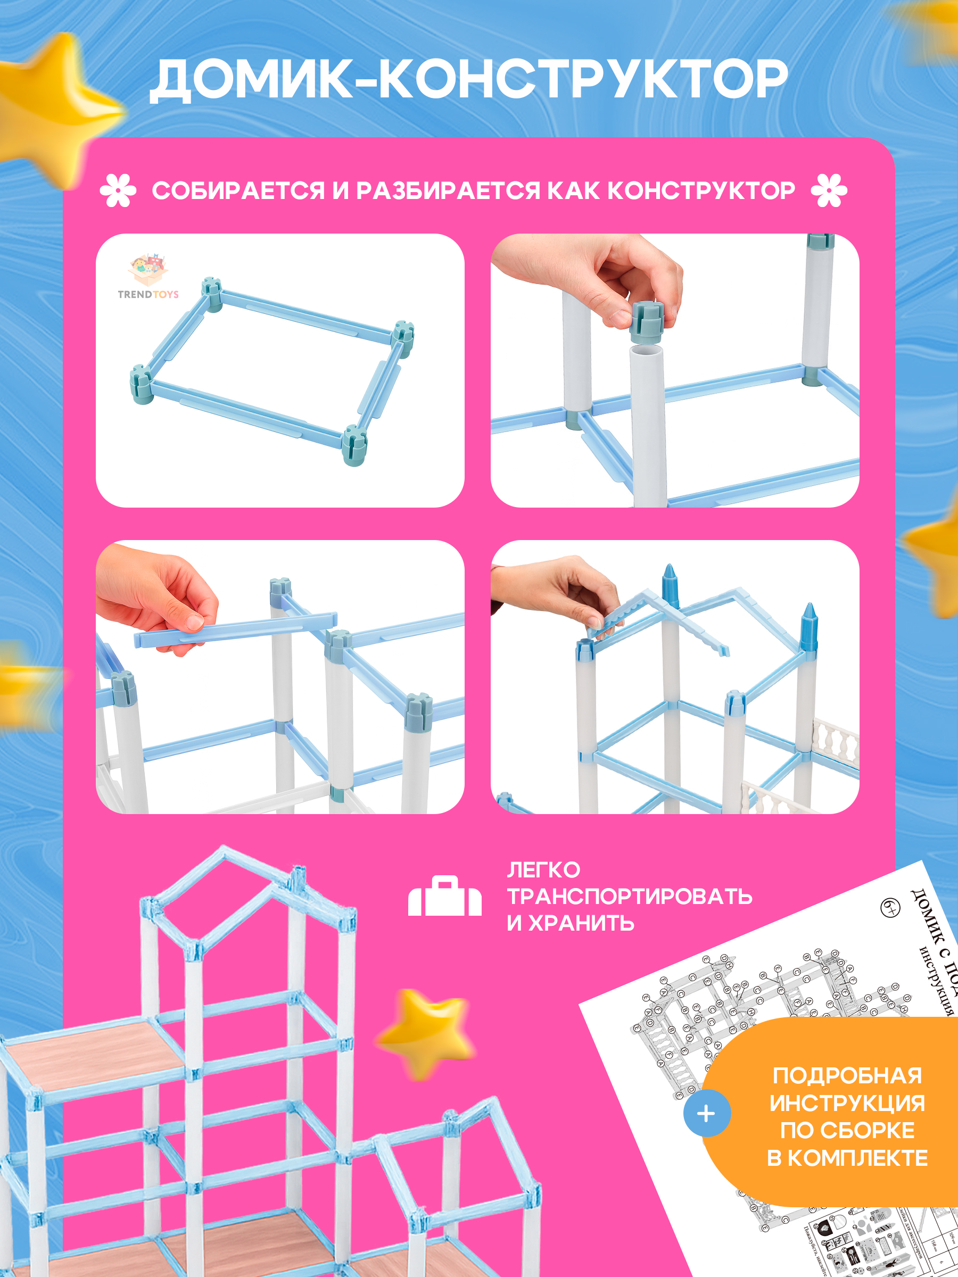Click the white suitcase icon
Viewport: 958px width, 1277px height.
point(444,897)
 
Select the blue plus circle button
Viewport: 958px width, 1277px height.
point(707,1113)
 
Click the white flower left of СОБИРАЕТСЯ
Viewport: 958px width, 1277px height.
point(118,190)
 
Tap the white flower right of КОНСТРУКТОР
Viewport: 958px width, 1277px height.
point(829,190)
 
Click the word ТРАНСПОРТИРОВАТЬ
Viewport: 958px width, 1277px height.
point(630,897)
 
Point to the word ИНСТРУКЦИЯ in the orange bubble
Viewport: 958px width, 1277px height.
point(847,1102)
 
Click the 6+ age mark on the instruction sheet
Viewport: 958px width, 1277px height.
point(890,908)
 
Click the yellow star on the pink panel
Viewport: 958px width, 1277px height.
point(426,1033)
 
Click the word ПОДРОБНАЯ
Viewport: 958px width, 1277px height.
point(847,1075)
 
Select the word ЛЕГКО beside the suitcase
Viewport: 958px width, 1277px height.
point(543,870)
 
